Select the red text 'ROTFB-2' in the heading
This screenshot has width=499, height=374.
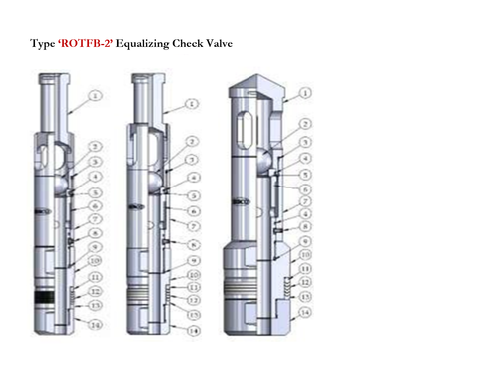click(86, 46)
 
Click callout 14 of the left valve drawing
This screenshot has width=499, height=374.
click(97, 325)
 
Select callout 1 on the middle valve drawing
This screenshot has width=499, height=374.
click(190, 103)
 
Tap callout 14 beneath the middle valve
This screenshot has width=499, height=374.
click(192, 330)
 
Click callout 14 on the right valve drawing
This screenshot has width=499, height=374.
click(305, 312)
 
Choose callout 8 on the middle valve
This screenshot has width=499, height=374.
click(193, 244)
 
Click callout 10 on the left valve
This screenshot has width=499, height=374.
click(95, 260)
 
